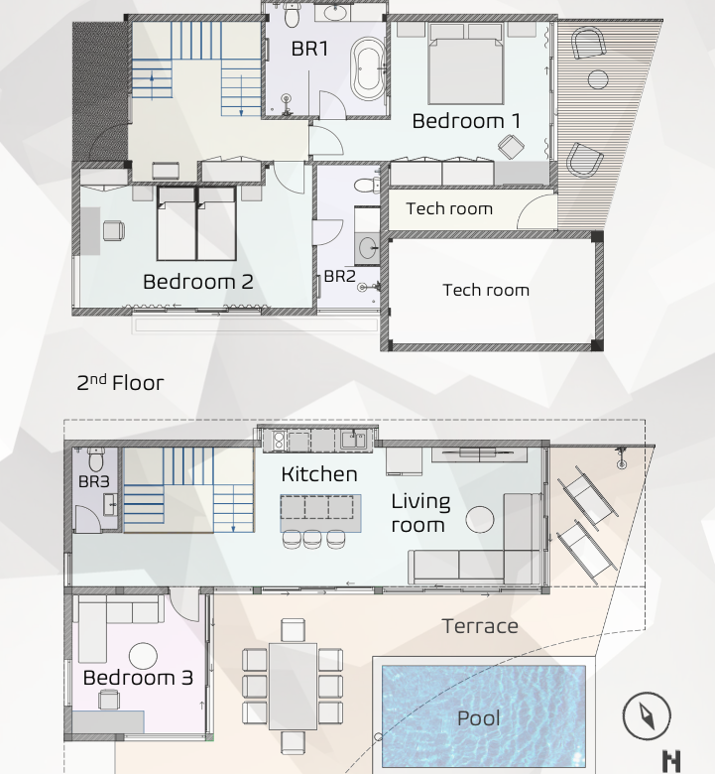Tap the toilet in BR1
(x=292, y=15)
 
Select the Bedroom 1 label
(x=466, y=121)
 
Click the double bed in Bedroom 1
(x=466, y=64)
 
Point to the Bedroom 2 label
(x=198, y=282)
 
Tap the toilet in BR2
(x=366, y=186)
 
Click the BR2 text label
(x=339, y=276)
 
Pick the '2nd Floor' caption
(x=120, y=383)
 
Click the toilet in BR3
(x=95, y=459)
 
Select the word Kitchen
(x=319, y=474)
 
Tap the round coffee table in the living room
(x=480, y=519)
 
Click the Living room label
(x=420, y=513)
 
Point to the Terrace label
(x=480, y=626)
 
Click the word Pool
(x=479, y=718)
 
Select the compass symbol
(x=647, y=715)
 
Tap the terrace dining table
(x=294, y=686)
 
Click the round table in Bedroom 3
(x=143, y=657)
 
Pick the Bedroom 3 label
(x=138, y=678)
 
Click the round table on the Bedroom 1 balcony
(x=598, y=79)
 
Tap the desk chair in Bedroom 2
(x=113, y=230)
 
